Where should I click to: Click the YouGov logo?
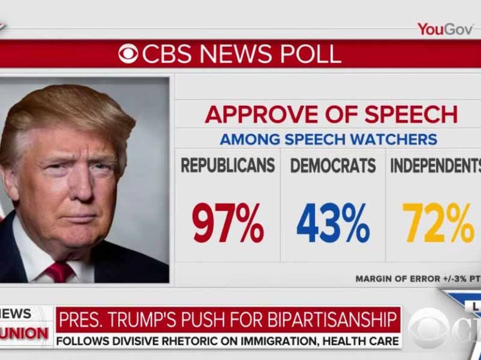tap(445, 29)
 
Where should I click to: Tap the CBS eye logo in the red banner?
tap(128, 54)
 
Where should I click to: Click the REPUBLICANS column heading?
tap(228, 165)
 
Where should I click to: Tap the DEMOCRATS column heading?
tap(333, 165)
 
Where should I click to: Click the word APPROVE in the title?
tap(258, 115)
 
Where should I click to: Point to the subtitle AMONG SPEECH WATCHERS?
tap(328, 139)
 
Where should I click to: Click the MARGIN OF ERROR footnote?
tap(417, 279)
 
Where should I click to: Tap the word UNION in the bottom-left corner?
tap(24, 333)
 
